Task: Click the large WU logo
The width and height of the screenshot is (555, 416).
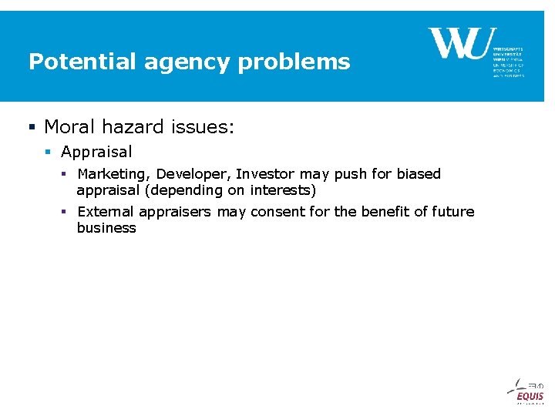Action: pos(459,43)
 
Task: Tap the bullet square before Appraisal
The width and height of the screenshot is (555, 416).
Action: pos(49,153)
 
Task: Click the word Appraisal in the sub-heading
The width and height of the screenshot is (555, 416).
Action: pos(96,153)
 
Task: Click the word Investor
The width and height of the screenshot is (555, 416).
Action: pos(264,174)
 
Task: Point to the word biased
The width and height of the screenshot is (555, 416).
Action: pos(419,174)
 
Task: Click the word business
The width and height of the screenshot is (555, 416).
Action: pos(106,228)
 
